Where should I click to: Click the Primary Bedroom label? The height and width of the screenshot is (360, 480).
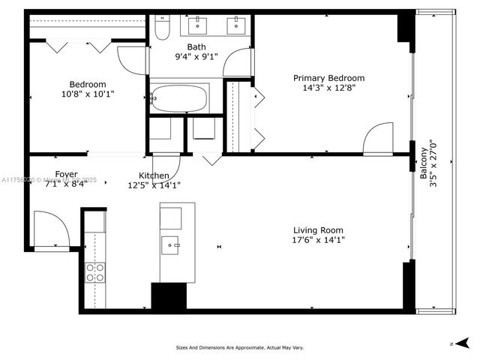(328, 78)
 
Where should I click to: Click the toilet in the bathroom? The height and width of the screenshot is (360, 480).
(162, 28)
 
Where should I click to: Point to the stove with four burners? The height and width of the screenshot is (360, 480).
(95, 271)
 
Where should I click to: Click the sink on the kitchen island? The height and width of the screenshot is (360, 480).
(172, 243)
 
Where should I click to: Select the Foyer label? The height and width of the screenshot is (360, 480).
(66, 175)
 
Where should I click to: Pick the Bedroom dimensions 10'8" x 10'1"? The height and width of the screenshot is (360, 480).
(88, 94)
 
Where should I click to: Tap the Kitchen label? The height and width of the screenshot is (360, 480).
(153, 175)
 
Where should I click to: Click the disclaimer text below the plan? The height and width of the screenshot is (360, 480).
(239, 347)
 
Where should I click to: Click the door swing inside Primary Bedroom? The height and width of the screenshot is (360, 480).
(377, 139)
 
